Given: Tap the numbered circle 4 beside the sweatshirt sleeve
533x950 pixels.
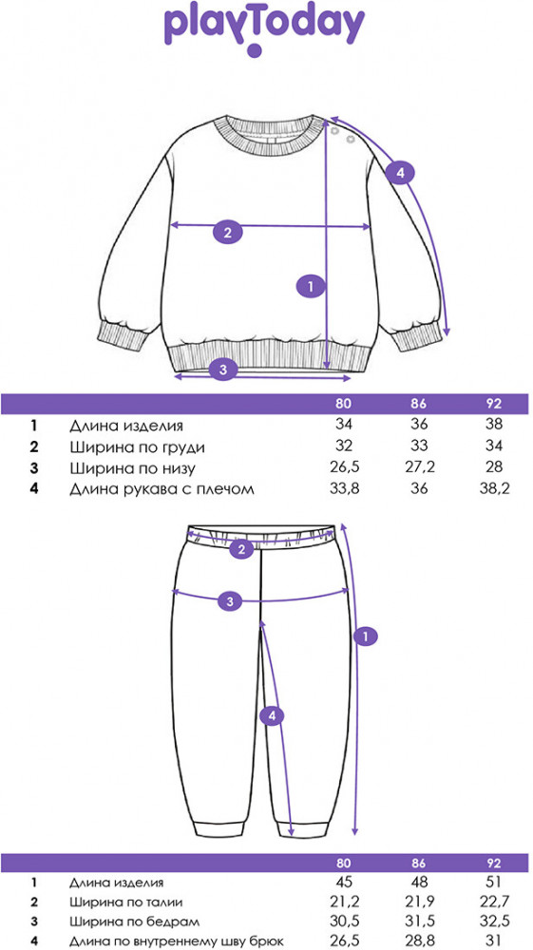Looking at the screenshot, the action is coord(400,174).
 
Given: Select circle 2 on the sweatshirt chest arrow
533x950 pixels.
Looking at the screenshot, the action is coord(227,232).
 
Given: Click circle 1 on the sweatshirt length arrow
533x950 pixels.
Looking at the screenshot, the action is coord(312,285).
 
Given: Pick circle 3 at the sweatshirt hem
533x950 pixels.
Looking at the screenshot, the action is coord(222,370).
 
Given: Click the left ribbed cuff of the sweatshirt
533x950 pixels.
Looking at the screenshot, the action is coord(123,336).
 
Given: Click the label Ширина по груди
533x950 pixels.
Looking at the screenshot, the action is coord(137,447).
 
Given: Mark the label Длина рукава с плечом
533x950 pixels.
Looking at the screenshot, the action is coord(162,488).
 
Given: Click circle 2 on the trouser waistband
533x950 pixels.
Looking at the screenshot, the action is coord(242,549).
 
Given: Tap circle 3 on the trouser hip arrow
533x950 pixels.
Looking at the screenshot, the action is coord(230,601).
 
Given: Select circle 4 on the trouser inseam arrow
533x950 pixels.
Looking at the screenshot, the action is coord(272,716).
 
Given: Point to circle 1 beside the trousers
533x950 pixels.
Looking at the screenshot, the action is coord(365,636).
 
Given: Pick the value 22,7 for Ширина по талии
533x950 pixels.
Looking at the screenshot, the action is coord(494,902).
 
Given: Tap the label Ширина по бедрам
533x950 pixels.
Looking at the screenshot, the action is coord(133,921).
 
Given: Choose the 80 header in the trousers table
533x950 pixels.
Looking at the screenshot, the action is coord(343,863).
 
